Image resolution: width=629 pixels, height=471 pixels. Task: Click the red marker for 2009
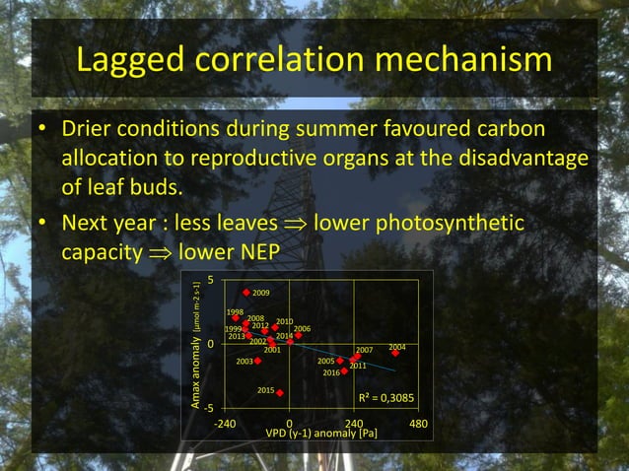[246, 293]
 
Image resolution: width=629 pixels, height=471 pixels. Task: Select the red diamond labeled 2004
[395, 353]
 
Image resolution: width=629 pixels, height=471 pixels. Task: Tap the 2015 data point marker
[281, 393]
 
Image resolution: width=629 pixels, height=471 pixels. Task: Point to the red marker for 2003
[258, 361]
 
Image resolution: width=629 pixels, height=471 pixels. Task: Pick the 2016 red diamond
[344, 371]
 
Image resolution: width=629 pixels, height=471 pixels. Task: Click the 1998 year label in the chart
[235, 311]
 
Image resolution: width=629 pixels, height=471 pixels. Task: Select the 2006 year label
[302, 328]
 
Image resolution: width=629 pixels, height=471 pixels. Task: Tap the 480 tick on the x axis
[418, 424]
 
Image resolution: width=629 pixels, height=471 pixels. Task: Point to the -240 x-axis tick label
[225, 424]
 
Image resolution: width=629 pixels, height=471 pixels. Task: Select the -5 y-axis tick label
[209, 408]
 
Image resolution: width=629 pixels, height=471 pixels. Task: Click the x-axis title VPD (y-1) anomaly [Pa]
[321, 434]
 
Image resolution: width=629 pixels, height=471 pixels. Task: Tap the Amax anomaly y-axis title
[197, 361]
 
